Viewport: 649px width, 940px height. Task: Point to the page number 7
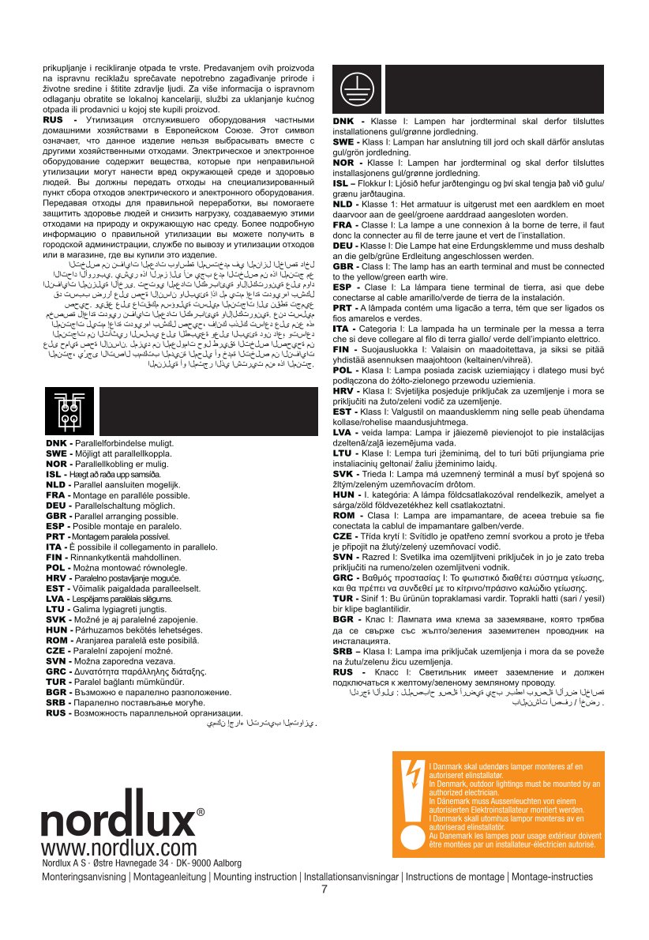click(324, 890)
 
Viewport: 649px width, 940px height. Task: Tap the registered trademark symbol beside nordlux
click(201, 813)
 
